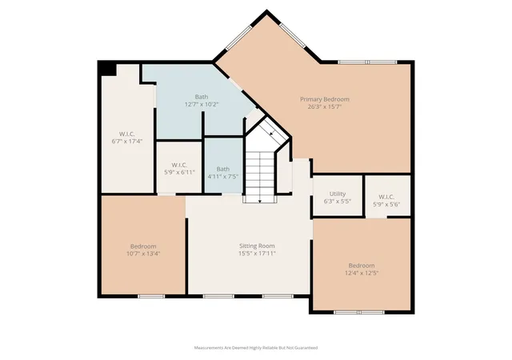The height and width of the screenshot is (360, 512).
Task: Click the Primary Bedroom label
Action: click(x=325, y=99)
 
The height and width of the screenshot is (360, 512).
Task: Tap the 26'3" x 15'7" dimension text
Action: click(x=325, y=106)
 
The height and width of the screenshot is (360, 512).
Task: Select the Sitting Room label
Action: click(x=257, y=246)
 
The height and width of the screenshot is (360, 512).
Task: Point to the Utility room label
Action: click(x=338, y=194)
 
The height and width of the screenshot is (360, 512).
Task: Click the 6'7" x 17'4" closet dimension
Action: click(x=127, y=142)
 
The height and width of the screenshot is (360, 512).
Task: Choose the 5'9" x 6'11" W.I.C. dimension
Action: click(x=179, y=172)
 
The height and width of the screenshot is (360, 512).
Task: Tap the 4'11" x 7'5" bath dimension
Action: click(x=223, y=177)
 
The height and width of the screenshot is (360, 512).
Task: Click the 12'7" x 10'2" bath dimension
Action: click(x=202, y=104)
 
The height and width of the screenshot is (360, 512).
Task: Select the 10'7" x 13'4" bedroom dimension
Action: click(x=143, y=254)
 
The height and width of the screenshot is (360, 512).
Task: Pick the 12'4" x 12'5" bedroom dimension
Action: click(x=362, y=273)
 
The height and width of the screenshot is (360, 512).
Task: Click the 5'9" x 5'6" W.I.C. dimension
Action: click(x=386, y=205)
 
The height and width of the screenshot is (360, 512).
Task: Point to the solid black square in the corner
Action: click(x=109, y=70)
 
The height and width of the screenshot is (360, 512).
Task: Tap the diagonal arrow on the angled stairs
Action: click(x=271, y=132)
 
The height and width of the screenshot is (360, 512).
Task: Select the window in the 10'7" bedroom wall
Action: click(x=151, y=296)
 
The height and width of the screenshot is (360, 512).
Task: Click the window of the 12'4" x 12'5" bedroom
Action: click(x=359, y=312)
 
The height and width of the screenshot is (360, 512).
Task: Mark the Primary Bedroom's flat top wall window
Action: click(x=367, y=62)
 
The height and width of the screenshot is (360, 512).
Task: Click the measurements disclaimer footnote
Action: click(x=256, y=348)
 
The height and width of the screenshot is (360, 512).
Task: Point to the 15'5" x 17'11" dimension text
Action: click(x=257, y=253)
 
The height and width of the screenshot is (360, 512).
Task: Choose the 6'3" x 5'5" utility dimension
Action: click(x=338, y=202)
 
